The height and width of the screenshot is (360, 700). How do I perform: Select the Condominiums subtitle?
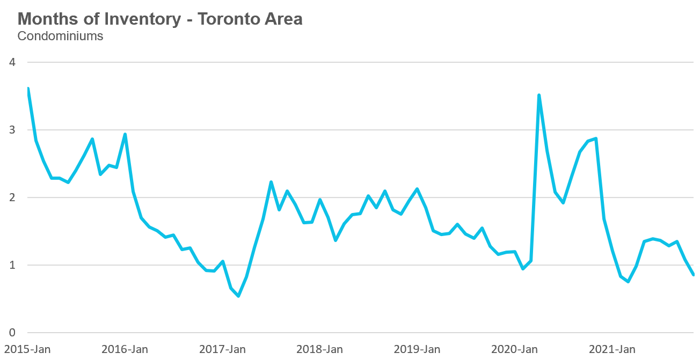click(60, 36)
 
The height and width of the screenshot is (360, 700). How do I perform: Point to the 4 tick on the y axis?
click(12, 62)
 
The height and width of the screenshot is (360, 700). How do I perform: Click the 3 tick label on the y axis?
click(12, 130)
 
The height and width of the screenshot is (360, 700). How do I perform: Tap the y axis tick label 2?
click(12, 197)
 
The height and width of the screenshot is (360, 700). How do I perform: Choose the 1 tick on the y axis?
click(12, 265)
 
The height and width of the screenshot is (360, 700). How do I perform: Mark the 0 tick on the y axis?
click(12, 333)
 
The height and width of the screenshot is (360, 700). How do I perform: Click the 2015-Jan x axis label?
click(27, 349)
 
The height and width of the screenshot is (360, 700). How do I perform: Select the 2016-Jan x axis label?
click(125, 349)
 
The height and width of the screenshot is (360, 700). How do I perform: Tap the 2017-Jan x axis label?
click(222, 349)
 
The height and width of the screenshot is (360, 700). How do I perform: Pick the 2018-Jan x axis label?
click(319, 349)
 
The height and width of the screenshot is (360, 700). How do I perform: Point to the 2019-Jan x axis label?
click(417, 349)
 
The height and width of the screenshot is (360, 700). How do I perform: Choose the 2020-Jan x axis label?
click(514, 349)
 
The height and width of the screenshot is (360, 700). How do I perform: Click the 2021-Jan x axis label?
click(612, 349)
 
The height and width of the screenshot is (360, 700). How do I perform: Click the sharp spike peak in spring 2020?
click(539, 95)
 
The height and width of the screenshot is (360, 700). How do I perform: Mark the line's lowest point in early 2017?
click(238, 296)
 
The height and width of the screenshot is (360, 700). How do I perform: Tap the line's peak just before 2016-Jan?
click(125, 134)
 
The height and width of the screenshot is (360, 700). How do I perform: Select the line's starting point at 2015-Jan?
click(27, 89)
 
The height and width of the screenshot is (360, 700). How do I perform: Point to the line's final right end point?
click(693, 275)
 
